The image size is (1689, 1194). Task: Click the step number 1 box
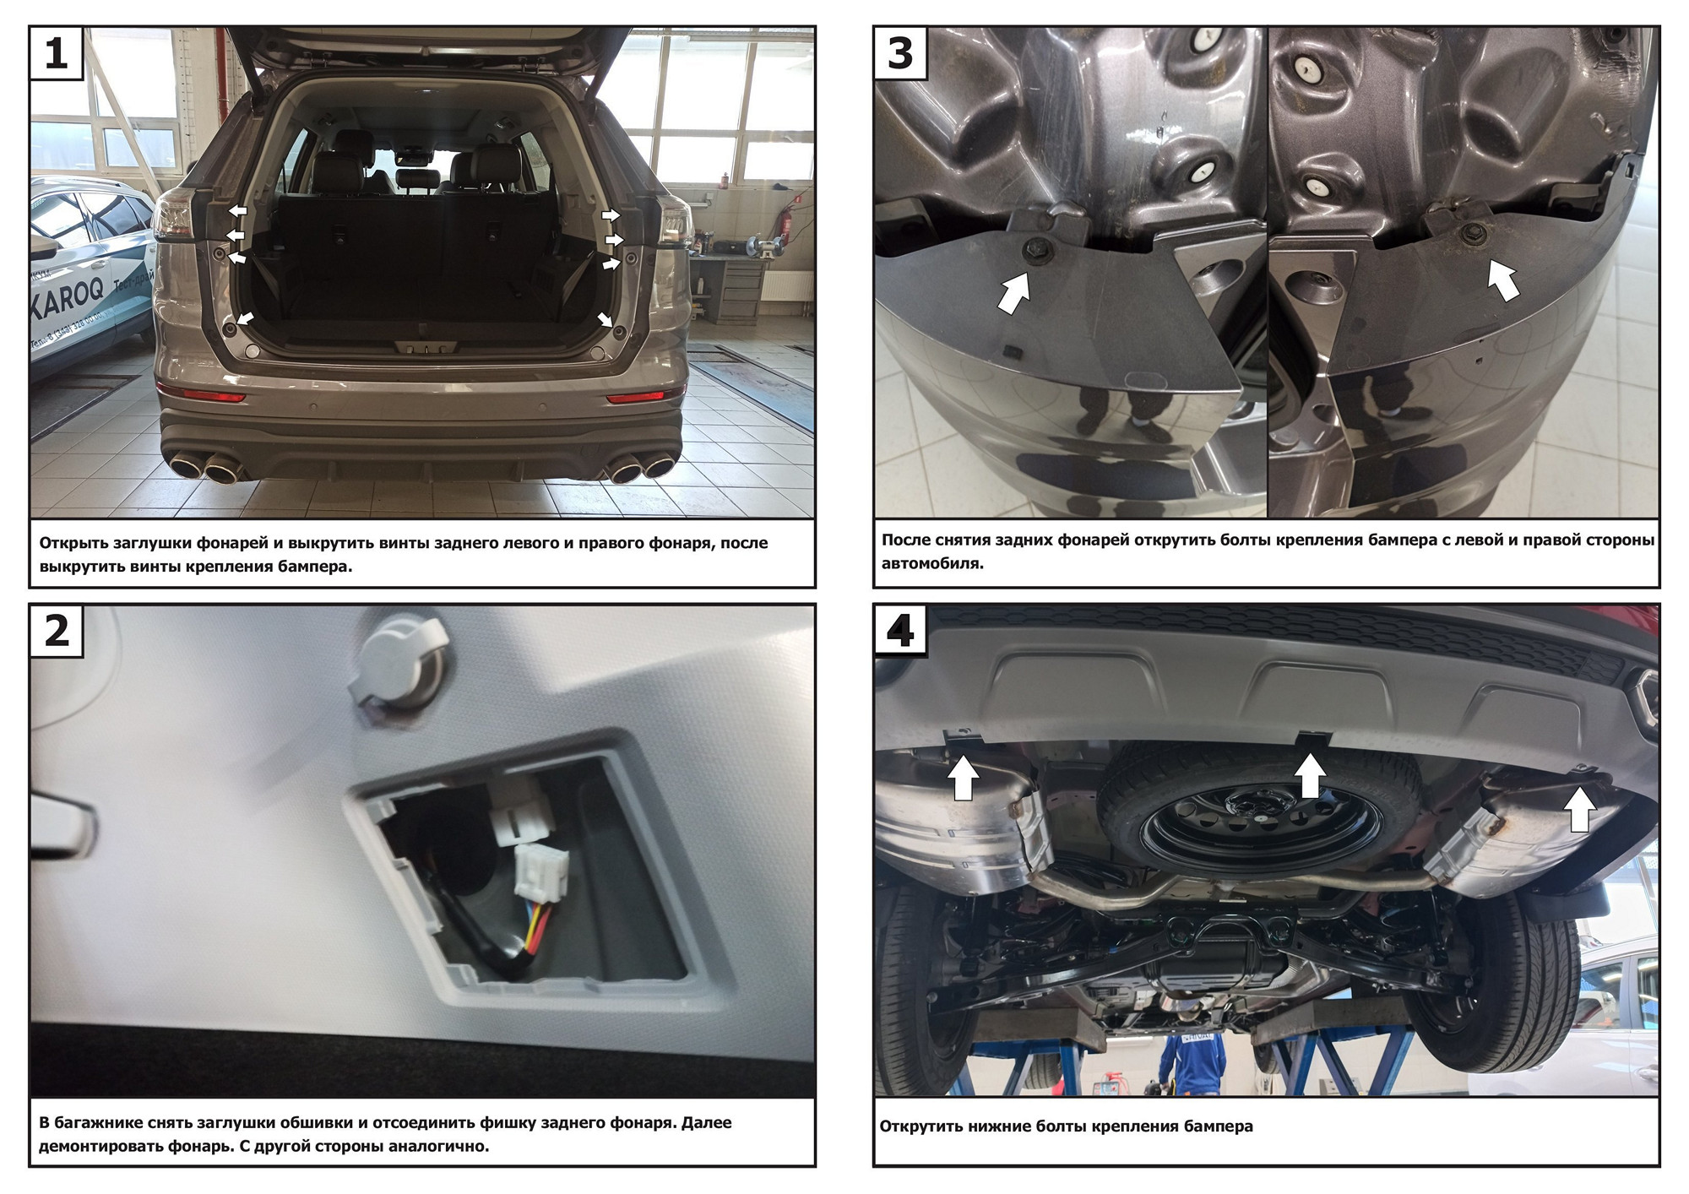56,53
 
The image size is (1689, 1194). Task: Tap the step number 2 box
57,631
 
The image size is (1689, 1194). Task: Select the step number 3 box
900,53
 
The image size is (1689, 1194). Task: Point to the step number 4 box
900,631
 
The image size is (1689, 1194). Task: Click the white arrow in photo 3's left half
1014,292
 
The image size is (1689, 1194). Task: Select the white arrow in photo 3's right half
1503,280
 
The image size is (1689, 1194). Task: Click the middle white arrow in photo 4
1310,775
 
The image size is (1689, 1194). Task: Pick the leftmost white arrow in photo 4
964,779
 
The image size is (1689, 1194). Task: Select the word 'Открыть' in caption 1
74,543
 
